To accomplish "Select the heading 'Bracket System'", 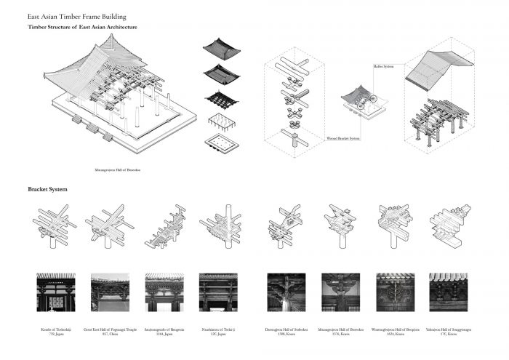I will [x=47, y=189].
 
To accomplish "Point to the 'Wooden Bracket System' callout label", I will [x=342, y=136].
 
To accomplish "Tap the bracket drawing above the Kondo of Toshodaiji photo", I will [x=52, y=225].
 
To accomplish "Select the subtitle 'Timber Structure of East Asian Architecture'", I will [x=82, y=27].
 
